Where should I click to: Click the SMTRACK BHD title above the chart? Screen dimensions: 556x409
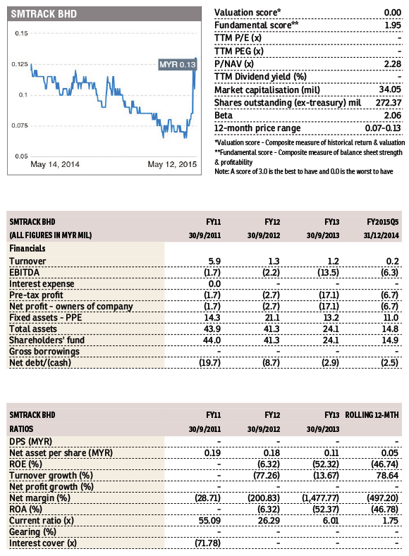tap(42, 13)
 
